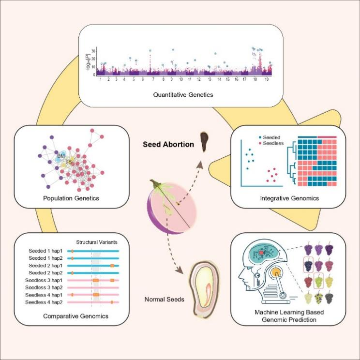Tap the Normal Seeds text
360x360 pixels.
(165, 300)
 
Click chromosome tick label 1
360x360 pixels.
(100, 79)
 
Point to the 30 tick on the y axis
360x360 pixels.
(93, 50)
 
